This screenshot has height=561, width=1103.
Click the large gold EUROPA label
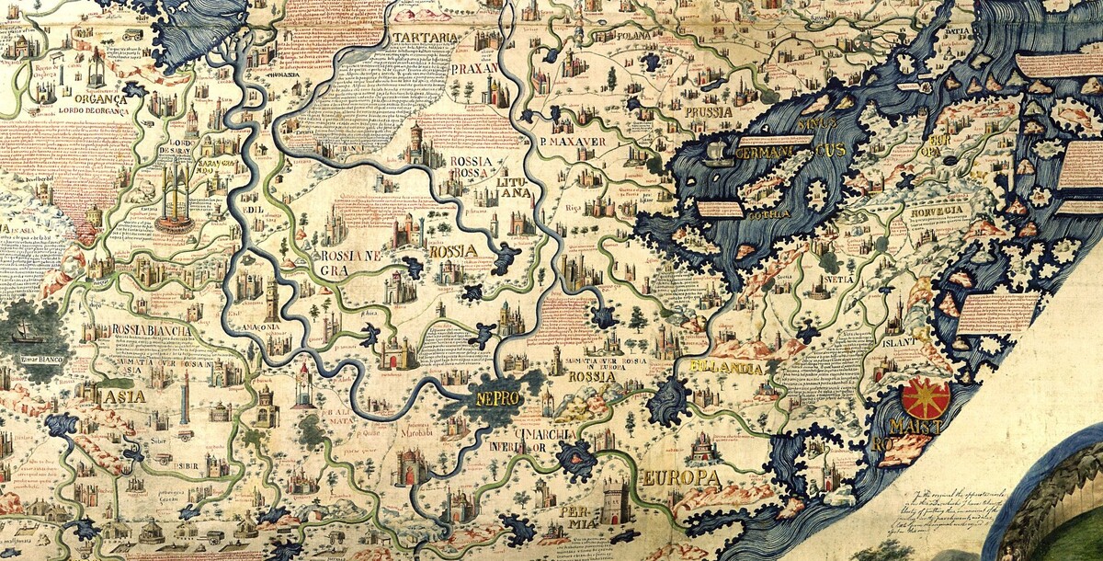[x=680, y=478]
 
